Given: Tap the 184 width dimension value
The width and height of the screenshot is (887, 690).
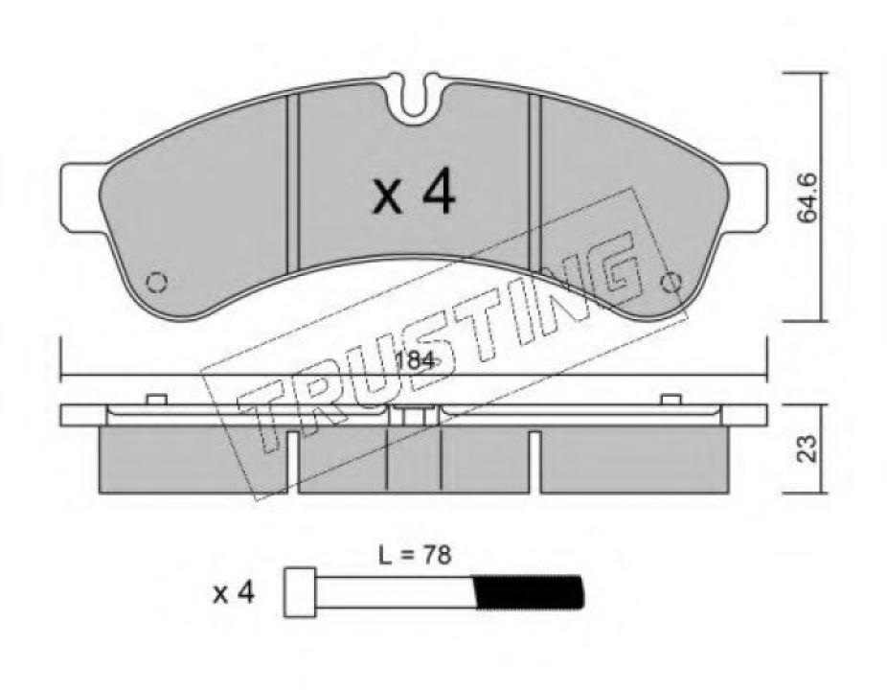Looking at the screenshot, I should (415, 361).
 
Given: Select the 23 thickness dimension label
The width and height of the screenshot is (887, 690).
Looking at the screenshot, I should (810, 448).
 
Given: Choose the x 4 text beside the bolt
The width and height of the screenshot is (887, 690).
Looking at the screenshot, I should (233, 593).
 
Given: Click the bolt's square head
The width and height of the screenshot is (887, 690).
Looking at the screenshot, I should (301, 591).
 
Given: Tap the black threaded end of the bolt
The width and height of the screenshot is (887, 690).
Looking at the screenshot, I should (529, 592).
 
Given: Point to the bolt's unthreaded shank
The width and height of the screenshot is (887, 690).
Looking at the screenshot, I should (395, 592).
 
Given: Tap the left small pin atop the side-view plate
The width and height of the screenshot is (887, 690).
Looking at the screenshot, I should (157, 399).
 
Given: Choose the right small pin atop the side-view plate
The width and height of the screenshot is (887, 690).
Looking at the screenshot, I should (671, 399).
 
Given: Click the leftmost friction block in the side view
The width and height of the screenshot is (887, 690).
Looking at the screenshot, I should (192, 460).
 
